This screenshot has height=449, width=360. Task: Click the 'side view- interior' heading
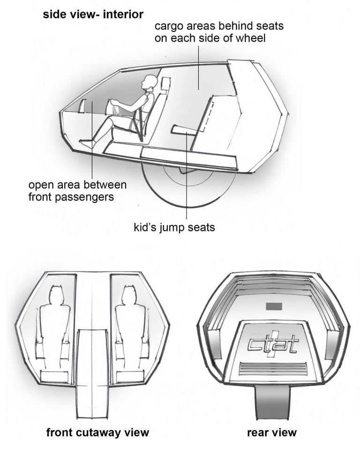[x=93, y=15]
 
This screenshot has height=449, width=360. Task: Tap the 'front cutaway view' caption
[x=97, y=432]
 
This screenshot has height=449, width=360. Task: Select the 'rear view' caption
[x=272, y=432]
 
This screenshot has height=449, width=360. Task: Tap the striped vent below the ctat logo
[x=274, y=368]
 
